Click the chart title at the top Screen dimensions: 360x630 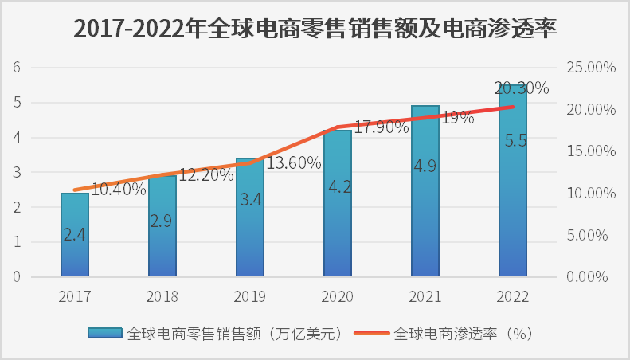(x=315, y=28)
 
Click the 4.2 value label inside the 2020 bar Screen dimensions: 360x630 (x=338, y=188)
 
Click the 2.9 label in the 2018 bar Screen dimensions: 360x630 (x=162, y=221)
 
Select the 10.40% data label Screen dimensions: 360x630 (x=119, y=190)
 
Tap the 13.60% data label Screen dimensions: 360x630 (x=293, y=163)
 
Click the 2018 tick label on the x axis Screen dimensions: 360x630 (x=162, y=296)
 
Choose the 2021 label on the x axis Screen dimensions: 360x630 (x=425, y=296)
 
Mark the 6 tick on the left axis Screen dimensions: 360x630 (x=15, y=68)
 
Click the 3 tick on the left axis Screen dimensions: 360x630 (x=15, y=173)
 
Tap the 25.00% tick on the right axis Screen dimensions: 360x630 (x=590, y=68)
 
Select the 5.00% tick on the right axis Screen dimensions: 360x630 (x=590, y=236)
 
